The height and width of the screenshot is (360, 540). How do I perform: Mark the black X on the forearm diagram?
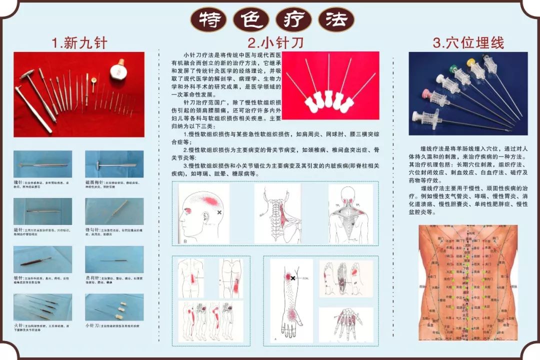tap(293, 277)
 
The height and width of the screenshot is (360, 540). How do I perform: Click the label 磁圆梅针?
tap(95, 183)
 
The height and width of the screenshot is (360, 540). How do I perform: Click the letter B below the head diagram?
tap(185, 241)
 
